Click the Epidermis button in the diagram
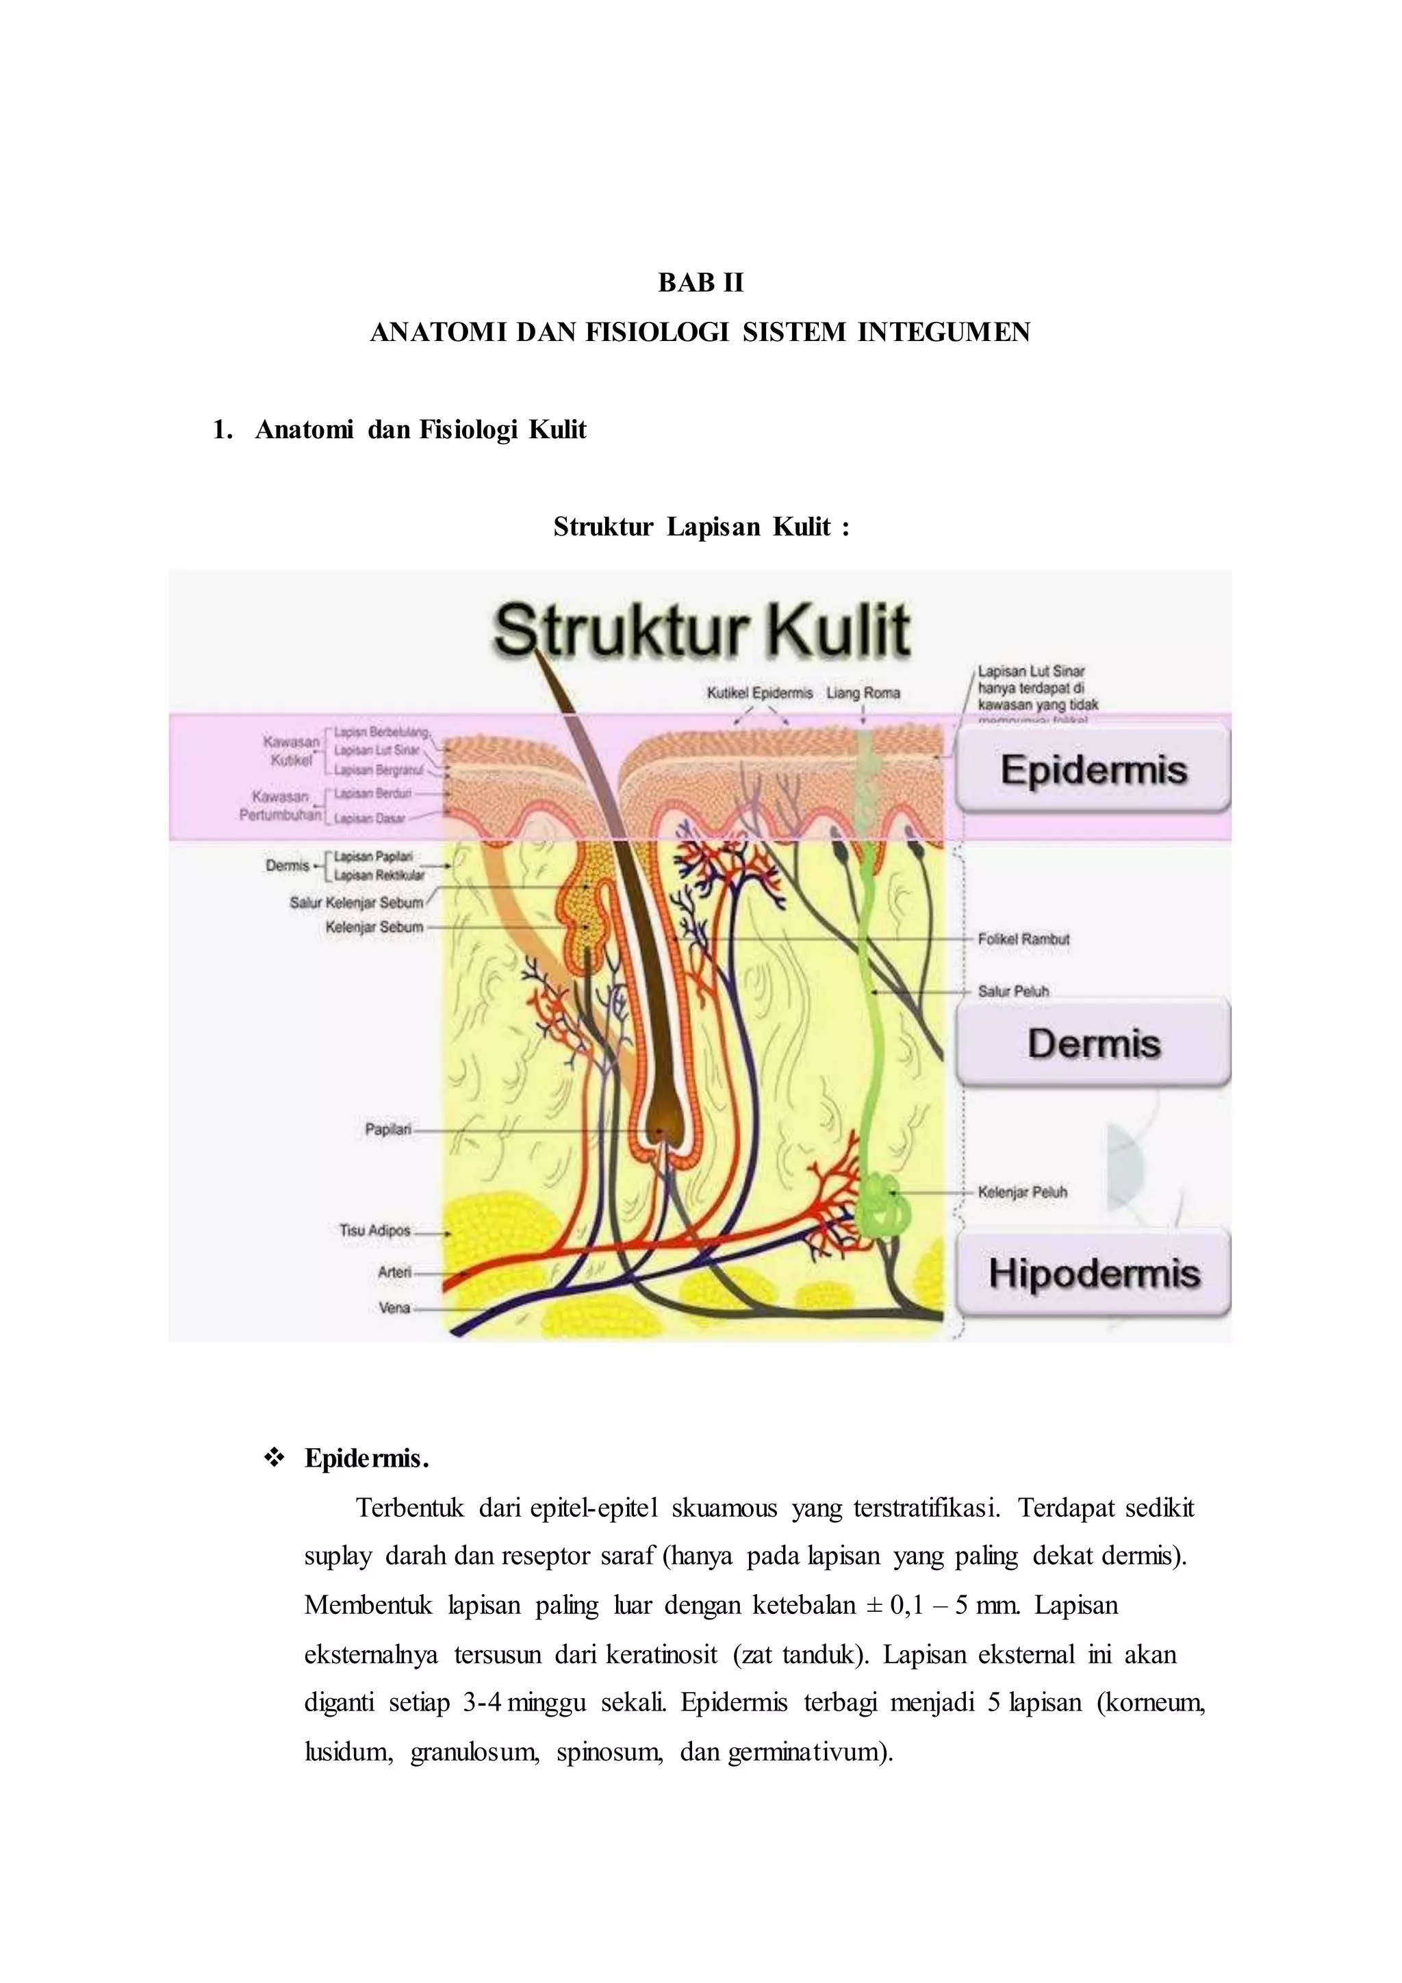(1093, 770)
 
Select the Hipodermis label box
(1093, 1273)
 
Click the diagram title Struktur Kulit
(701, 631)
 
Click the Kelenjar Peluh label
(1022, 1192)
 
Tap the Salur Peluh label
(1012, 991)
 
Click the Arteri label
(394, 1272)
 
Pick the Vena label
(394, 1308)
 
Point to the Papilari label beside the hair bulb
(388, 1130)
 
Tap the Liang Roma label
(863, 693)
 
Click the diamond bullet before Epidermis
(275, 1458)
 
